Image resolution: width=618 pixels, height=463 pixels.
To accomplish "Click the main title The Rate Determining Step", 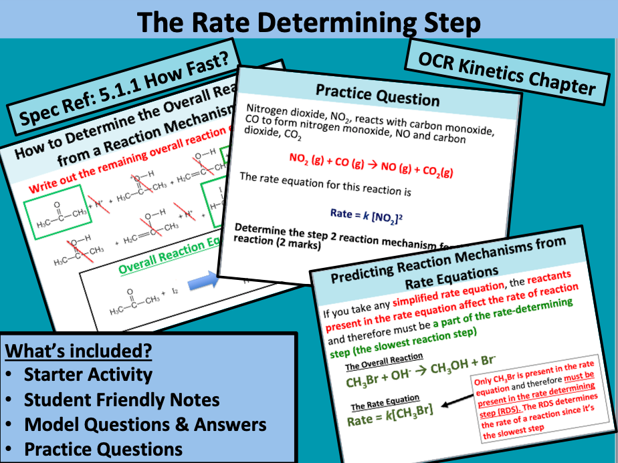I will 308,23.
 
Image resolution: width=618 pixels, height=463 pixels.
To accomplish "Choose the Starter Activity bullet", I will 88,375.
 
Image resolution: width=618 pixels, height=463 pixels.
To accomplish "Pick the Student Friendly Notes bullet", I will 121,400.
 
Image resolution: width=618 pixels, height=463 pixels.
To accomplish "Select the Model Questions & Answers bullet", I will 144,424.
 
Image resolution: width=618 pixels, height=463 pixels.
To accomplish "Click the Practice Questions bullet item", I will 103,450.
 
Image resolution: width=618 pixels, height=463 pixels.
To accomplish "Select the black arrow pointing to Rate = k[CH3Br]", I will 455,399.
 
